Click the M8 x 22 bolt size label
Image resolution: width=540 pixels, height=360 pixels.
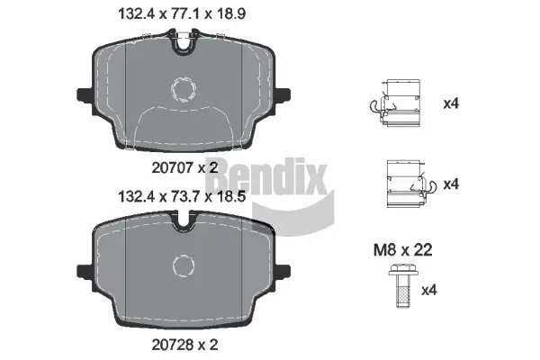pos(403,251)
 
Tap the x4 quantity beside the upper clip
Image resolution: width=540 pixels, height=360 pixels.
pos(451,103)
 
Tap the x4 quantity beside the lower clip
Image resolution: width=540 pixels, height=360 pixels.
pos(451,184)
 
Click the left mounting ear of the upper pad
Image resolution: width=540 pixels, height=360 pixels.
pos(84,93)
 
